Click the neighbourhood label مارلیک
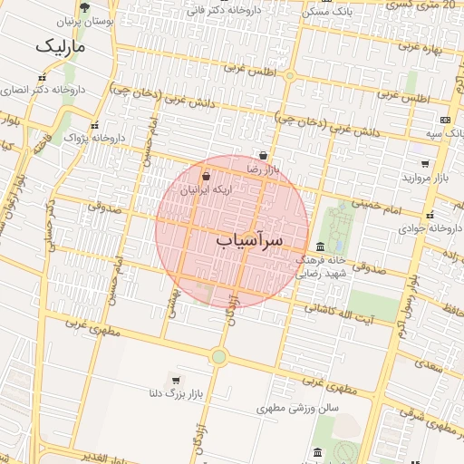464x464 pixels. click(x=60, y=45)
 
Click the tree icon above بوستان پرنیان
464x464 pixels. click(x=84, y=8)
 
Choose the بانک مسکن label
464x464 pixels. click(x=327, y=12)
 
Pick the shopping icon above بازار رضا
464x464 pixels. click(x=262, y=155)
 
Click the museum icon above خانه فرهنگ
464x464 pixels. click(x=321, y=246)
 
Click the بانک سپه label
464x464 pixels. click(x=446, y=133)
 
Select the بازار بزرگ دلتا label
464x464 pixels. click(x=174, y=394)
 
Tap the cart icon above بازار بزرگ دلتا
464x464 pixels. click(x=174, y=381)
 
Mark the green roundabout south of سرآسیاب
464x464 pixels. click(x=218, y=356)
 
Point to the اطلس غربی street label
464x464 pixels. click(x=248, y=68)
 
